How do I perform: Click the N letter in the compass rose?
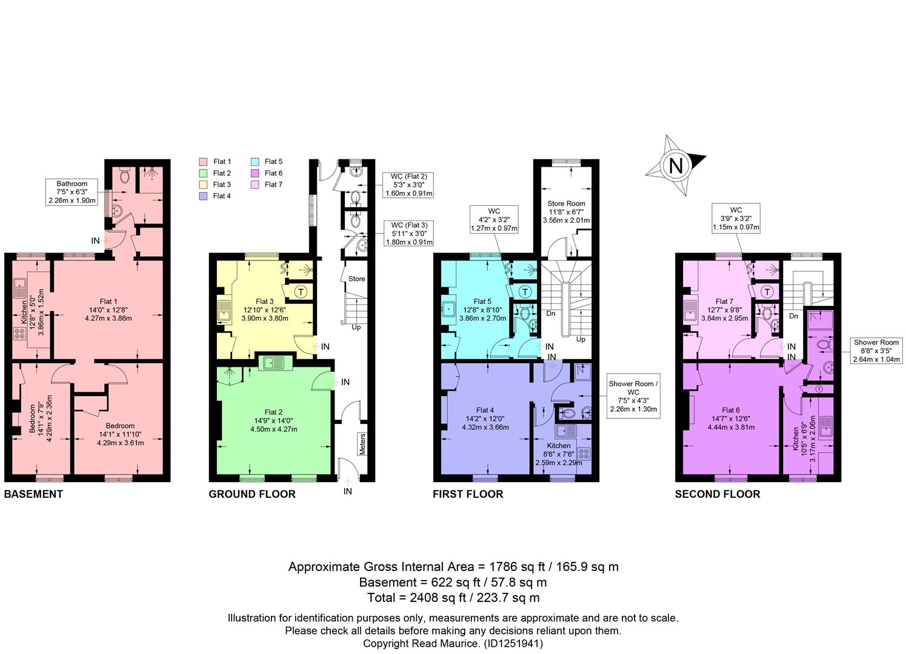coord(676,166)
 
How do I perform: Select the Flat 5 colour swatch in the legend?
coord(255,162)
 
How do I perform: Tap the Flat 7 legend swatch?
coord(255,185)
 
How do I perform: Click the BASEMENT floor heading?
coord(33,494)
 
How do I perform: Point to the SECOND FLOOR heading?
coord(718,494)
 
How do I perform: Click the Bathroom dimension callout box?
coord(72,192)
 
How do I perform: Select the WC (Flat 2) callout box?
coord(408,185)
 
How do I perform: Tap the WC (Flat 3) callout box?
coord(408,234)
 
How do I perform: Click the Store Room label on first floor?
coord(566,203)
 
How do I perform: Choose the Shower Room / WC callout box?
coord(633,395)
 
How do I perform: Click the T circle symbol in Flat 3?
coord(301,291)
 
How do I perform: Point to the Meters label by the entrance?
coord(362,444)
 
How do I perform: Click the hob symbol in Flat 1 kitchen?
coord(19,334)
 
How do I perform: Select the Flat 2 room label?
coord(273,412)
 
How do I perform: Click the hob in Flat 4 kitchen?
coord(584,453)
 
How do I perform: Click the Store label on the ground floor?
coord(357,279)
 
